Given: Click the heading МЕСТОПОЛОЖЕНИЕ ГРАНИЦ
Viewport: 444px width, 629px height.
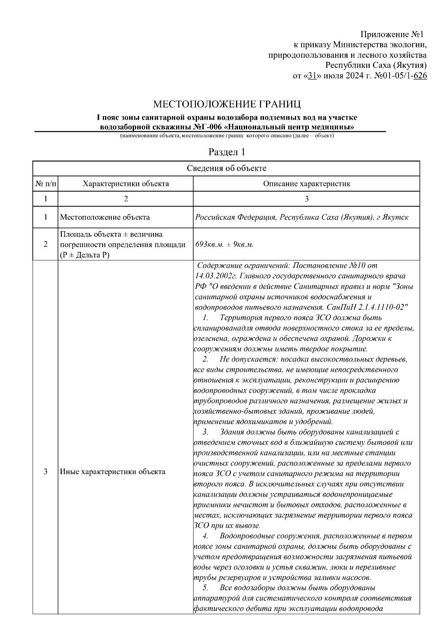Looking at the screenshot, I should click(x=227, y=104).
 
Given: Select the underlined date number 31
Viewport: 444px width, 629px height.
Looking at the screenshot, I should click(x=312, y=76).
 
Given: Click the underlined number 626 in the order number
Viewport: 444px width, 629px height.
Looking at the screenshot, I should click(x=420, y=76).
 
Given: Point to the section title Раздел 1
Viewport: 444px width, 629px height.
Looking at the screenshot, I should click(x=227, y=152).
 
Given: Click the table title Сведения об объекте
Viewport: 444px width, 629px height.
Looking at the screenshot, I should click(x=226, y=169).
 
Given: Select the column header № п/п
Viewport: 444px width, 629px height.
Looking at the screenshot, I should click(x=46, y=184).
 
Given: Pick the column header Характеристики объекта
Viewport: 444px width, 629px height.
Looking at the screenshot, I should click(x=125, y=184).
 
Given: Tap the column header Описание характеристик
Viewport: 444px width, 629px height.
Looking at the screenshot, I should click(x=306, y=184).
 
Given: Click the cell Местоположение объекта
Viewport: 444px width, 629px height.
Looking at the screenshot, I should click(x=105, y=217).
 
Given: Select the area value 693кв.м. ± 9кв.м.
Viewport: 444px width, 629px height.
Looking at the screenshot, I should click(x=224, y=244).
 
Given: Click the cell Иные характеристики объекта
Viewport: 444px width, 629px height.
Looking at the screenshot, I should click(x=112, y=472).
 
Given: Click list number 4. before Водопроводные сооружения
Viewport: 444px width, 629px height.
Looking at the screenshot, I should click(x=205, y=536).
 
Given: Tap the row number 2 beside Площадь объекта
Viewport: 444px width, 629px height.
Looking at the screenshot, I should click(x=46, y=244).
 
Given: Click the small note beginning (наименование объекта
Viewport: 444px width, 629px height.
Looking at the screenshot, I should click(x=226, y=136).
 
